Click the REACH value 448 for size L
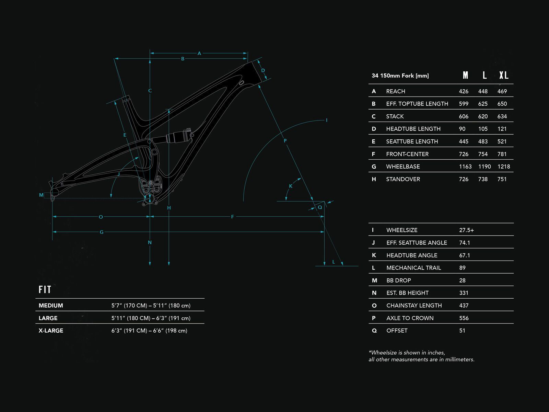483,91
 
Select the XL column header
503,75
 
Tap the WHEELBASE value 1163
465,167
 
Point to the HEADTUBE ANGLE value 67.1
465,255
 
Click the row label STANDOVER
403,179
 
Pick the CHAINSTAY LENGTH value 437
464,306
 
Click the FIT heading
45,290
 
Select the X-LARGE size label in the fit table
51,331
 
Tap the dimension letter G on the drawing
102,232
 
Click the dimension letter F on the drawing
233,217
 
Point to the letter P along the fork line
285,141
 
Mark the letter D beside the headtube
263,71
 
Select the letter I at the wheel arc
327,120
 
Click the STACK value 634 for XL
502,116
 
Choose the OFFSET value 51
462,331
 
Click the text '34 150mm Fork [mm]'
400,76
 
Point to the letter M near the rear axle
41,195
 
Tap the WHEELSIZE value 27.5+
466,230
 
